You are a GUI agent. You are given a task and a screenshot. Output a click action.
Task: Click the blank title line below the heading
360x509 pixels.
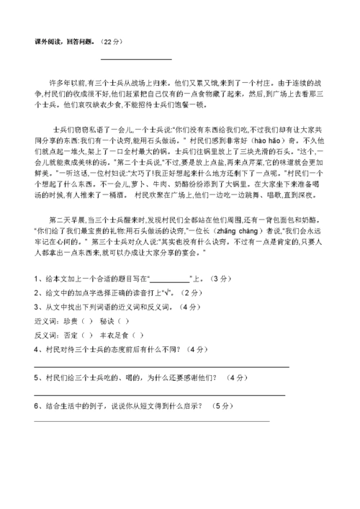coord(136,59)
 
